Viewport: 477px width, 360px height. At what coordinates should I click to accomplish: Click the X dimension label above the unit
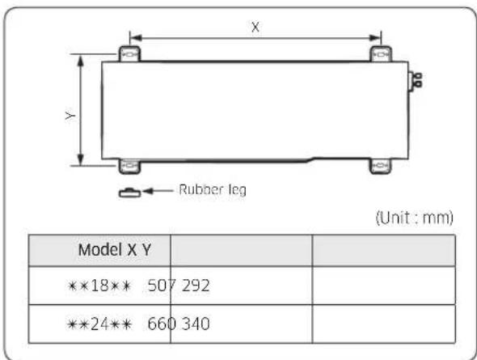point(255,27)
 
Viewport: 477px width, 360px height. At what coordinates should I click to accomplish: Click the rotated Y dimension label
point(70,116)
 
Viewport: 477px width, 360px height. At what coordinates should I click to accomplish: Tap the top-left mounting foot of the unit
point(129,54)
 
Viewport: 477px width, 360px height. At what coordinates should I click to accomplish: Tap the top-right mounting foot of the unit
point(381,54)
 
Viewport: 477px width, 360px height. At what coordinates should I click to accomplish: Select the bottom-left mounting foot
point(129,166)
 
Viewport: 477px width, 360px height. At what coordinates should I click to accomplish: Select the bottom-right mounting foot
point(381,166)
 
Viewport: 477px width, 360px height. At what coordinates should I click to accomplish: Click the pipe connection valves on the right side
point(415,80)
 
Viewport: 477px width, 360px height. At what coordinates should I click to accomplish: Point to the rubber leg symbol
point(129,193)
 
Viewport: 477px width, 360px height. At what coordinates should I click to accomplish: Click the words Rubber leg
point(213,190)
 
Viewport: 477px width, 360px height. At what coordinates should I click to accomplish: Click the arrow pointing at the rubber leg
point(158,191)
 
